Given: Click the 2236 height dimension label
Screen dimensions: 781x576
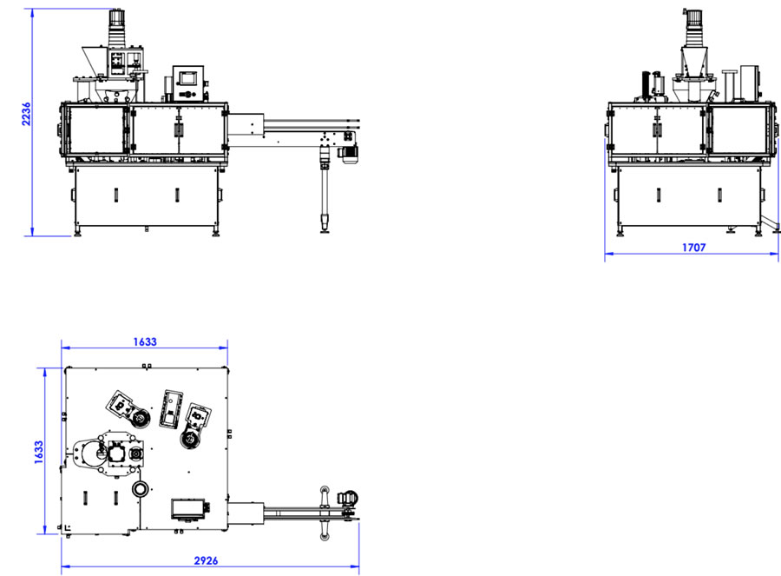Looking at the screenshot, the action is (26, 114).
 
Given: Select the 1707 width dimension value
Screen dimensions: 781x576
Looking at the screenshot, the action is (693, 248).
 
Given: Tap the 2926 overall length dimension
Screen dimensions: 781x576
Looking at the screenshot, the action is (206, 560).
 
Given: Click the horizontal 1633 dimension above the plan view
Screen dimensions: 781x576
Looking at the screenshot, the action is (145, 341).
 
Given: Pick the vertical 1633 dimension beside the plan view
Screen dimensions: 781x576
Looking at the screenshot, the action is (39, 453).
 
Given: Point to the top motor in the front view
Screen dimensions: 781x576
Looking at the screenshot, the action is (116, 19).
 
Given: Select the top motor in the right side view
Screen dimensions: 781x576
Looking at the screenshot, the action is (692, 18).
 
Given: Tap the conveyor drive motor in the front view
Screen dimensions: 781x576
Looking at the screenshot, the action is (348, 153).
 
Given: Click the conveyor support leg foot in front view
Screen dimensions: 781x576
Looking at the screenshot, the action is (325, 224).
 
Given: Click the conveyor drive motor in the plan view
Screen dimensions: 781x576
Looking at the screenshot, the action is (348, 497).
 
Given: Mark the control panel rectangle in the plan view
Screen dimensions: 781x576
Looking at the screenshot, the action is (188, 507).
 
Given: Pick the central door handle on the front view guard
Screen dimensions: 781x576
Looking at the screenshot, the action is (177, 128).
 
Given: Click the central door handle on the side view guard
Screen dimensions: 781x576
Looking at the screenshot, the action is (658, 128).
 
